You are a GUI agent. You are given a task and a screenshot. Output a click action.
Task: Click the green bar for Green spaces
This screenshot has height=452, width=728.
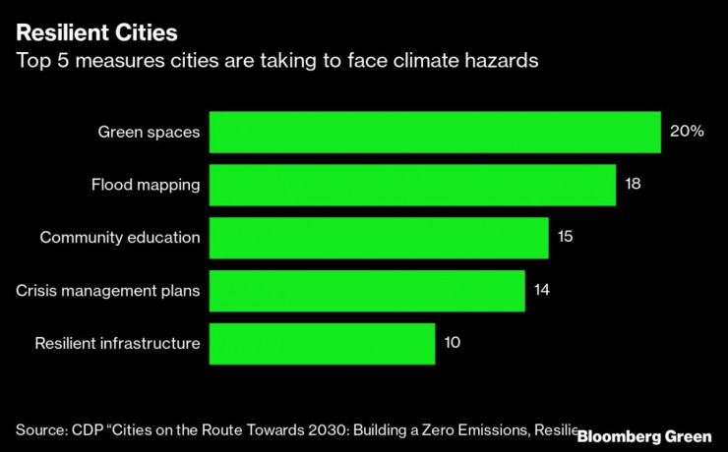click(x=435, y=132)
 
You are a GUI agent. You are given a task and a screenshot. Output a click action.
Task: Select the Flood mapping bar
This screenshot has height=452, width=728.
click(x=412, y=185)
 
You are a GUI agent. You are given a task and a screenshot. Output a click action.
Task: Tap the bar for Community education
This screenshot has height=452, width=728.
click(x=379, y=237)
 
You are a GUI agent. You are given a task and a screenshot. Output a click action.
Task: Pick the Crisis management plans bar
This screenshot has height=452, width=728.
click(x=367, y=290)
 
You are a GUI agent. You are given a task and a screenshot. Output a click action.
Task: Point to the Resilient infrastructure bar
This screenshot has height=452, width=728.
click(x=323, y=343)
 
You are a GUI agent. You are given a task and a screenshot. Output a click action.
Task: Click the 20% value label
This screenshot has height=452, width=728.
click(x=687, y=132)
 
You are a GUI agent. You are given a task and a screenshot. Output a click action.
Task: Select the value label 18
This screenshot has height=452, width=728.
click(x=634, y=185)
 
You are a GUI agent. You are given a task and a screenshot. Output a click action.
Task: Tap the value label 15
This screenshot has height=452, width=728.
click(x=565, y=237)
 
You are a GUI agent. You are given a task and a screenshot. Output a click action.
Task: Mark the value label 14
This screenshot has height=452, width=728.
click(x=542, y=290)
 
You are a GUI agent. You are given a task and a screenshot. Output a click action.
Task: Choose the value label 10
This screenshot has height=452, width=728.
click(x=453, y=343)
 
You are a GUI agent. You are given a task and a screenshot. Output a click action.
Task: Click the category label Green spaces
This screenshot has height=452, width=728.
click(x=149, y=132)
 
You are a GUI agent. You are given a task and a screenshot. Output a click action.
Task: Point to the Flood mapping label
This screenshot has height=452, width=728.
click(x=146, y=185)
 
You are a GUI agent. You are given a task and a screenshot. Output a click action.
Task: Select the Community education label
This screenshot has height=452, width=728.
click(x=120, y=237)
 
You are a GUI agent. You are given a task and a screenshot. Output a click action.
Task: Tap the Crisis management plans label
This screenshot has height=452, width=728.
click(x=108, y=290)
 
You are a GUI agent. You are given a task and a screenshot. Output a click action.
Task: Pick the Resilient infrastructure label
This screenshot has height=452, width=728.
click(x=118, y=343)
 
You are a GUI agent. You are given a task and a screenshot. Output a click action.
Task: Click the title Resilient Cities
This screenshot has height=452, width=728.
click(x=96, y=32)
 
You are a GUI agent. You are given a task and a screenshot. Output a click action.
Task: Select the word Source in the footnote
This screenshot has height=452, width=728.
click(x=40, y=429)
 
